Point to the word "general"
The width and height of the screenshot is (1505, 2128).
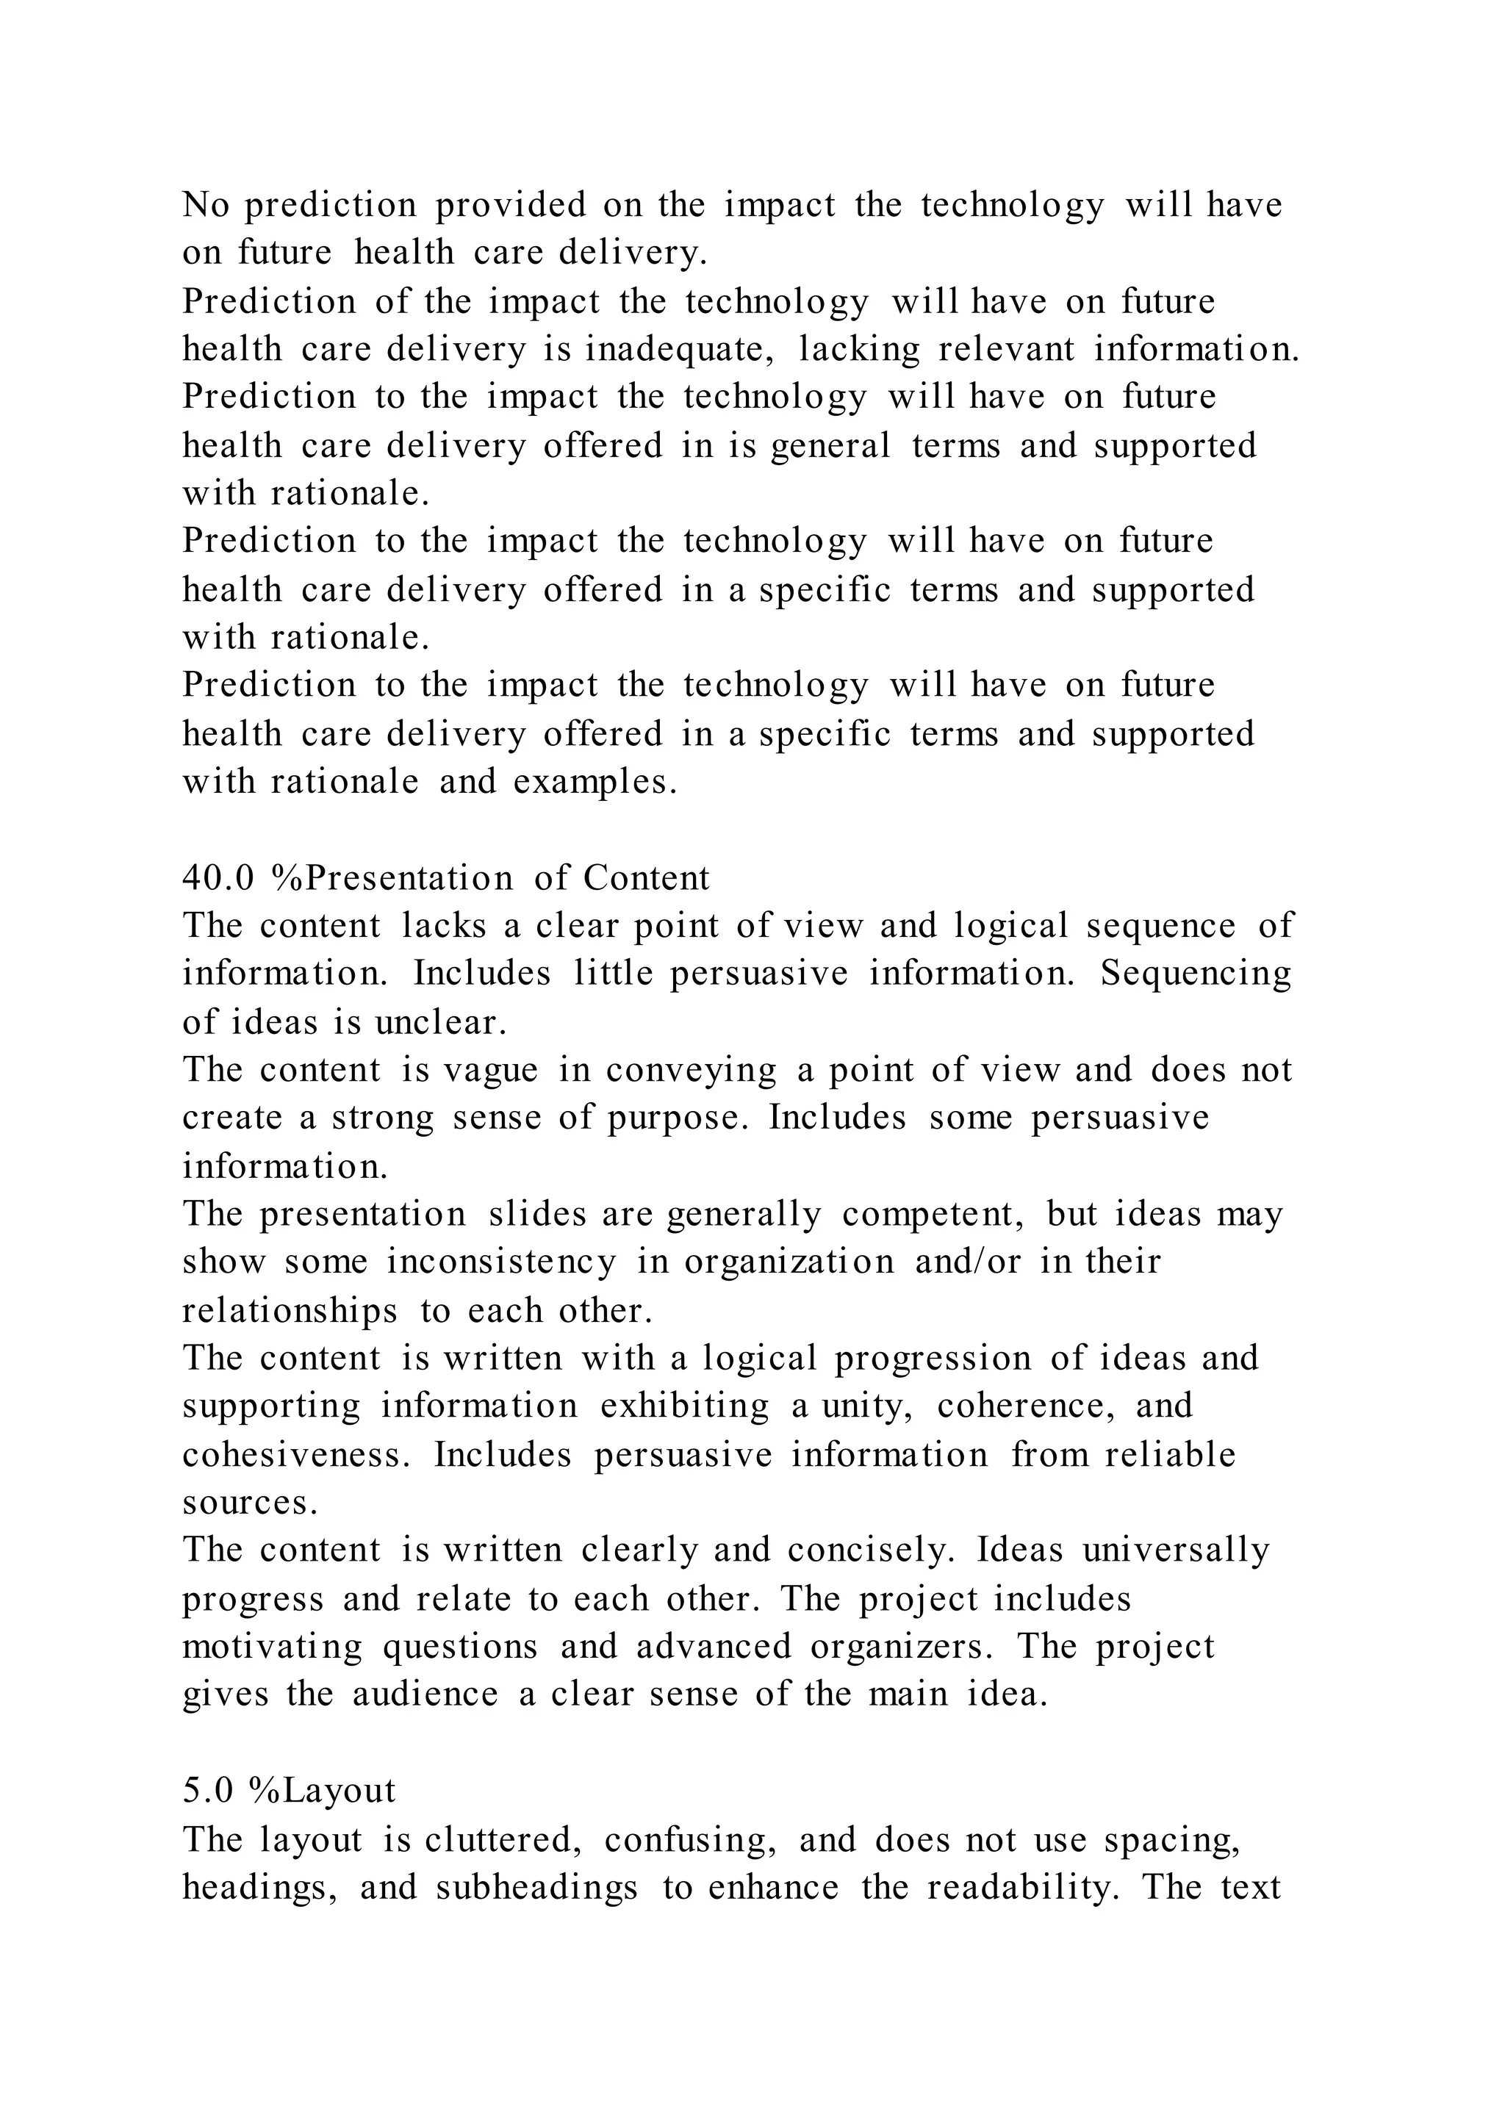(x=830, y=446)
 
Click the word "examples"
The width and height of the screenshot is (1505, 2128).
(x=594, y=783)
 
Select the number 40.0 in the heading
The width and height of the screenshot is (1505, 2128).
(x=218, y=877)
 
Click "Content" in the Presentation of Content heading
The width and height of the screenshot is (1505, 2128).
(x=646, y=877)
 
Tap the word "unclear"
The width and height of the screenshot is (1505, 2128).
(x=441, y=1022)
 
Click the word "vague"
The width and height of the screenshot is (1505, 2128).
(x=490, y=1071)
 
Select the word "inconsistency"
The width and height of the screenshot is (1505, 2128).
(x=500, y=1262)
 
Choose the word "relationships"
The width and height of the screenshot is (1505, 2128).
(x=289, y=1311)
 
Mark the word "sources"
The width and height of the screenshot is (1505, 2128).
(x=250, y=1503)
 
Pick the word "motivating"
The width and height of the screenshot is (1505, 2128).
(x=273, y=1647)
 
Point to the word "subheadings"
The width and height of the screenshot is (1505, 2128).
(x=536, y=1887)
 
